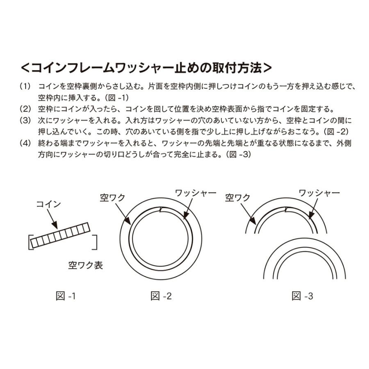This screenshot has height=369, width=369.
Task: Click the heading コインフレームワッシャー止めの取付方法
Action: (146, 68)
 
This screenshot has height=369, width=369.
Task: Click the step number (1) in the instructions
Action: (25, 87)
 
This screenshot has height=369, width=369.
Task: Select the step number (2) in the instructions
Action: (25, 109)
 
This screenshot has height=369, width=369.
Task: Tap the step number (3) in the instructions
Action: (25, 121)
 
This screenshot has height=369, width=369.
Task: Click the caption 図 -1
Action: (66, 296)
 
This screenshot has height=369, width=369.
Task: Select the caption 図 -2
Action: (161, 296)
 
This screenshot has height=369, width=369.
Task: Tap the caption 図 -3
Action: (302, 296)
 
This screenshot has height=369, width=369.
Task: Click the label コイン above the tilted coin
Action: (48, 205)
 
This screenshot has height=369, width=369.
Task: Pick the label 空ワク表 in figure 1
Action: (85, 265)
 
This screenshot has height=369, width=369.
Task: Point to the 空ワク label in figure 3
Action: (237, 198)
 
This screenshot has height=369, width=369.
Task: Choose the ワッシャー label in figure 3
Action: (319, 193)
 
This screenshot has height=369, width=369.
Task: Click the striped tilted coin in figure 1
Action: (60, 235)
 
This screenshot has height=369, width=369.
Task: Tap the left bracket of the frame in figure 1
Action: (30, 242)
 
